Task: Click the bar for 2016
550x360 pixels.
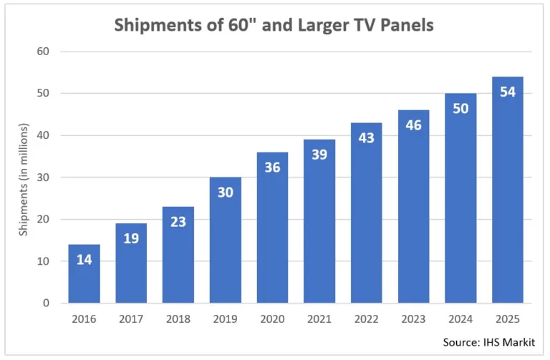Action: [85, 276]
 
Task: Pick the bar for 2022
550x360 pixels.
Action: [366, 215]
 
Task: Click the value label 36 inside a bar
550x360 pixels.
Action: [272, 167]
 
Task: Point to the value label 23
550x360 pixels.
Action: [178, 222]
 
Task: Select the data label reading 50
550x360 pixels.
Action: [460, 108]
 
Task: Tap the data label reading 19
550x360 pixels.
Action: [131, 238]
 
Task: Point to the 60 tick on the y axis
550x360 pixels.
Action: [44, 52]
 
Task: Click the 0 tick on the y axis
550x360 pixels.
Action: [46, 303]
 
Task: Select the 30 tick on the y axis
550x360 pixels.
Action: [44, 177]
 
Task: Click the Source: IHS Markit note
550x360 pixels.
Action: [488, 342]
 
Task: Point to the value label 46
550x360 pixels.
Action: [413, 125]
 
